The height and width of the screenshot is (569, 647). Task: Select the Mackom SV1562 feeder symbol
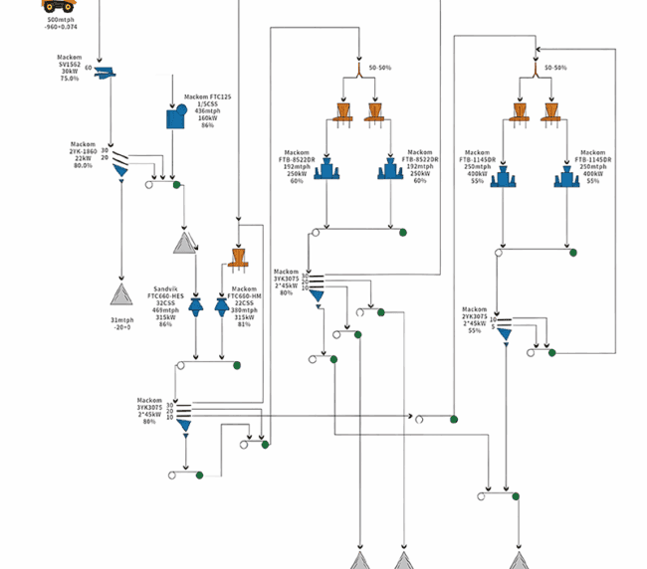point(105,71)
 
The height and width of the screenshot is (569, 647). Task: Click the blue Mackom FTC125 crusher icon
point(176,116)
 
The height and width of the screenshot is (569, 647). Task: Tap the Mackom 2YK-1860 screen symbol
point(119,161)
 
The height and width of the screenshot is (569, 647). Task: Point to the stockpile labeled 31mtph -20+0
point(121,294)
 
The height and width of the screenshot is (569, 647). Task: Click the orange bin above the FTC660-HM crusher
point(238,259)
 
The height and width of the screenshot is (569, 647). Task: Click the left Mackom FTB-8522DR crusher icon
point(327,170)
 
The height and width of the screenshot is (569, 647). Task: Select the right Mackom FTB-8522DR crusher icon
point(390,170)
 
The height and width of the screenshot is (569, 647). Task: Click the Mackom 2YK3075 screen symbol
point(504,326)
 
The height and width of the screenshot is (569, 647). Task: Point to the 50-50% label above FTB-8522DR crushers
point(379,68)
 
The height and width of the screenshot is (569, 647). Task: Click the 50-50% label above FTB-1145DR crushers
point(553,68)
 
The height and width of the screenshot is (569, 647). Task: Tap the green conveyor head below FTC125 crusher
point(176,184)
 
